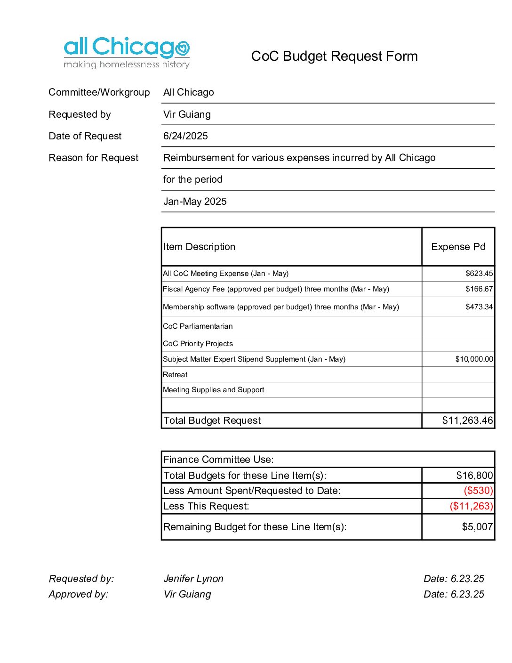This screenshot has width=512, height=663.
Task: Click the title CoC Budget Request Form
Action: coord(334,57)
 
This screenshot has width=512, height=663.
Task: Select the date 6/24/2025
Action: coord(185,136)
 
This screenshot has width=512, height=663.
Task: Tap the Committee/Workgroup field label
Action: coord(99,92)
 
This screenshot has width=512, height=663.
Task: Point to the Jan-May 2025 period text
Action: coord(195,202)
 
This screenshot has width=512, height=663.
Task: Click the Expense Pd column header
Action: coord(458,247)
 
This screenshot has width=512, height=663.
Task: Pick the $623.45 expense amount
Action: coord(479,274)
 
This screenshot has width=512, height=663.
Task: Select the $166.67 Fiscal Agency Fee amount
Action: coord(479,289)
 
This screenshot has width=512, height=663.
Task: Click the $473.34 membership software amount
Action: coord(479,307)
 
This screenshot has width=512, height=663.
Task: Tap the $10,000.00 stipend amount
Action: coord(474,359)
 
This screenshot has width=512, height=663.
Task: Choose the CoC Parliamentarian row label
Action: coord(198,326)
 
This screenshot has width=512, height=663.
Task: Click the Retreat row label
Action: coord(175,375)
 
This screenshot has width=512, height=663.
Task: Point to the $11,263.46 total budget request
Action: coord(467,420)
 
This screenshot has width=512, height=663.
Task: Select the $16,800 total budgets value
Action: coord(474,476)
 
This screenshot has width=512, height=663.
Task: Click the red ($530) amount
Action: coord(478,491)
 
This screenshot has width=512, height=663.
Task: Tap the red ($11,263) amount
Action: coord(471,506)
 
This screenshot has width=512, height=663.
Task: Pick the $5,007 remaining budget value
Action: coord(477,527)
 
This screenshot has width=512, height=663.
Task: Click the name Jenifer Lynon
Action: coord(193,579)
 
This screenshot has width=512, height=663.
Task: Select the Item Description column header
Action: coord(199,247)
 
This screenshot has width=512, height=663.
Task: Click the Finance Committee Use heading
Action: coord(218,460)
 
